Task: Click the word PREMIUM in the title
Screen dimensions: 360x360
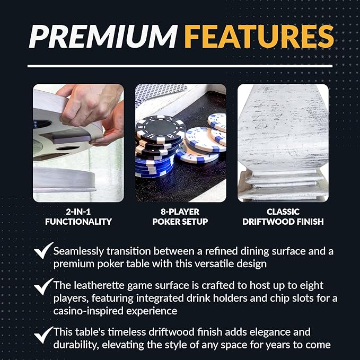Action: click(x=103, y=36)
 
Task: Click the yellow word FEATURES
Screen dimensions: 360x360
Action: click(x=259, y=36)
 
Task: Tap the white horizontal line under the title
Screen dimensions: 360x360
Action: click(x=180, y=66)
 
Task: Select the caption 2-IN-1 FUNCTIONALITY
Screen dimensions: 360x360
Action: click(x=78, y=217)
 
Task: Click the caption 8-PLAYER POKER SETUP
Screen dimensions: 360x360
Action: click(x=180, y=217)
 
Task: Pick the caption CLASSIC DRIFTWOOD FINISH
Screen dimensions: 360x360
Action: click(x=283, y=217)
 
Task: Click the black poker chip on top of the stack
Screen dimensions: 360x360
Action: click(x=160, y=129)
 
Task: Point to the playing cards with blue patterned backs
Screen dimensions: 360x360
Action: click(x=160, y=94)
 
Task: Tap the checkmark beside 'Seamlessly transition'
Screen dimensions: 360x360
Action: click(x=43, y=251)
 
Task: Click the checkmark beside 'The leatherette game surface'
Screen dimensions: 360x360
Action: click(x=43, y=286)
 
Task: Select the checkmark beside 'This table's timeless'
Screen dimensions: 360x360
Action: click(x=43, y=335)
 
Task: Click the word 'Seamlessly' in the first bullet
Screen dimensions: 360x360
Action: click(x=78, y=251)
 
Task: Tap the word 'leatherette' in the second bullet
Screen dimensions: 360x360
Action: click(x=98, y=286)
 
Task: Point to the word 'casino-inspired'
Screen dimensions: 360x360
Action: click(x=89, y=311)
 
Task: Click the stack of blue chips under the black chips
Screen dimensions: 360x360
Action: click(x=153, y=166)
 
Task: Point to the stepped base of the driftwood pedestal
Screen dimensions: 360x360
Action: click(x=283, y=186)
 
